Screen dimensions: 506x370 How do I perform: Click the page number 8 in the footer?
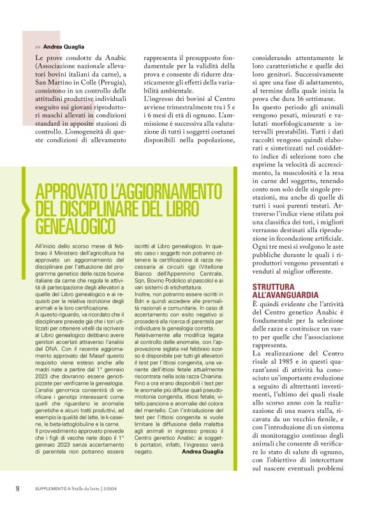[17, 488]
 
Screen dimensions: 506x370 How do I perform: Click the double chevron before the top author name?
[38, 47]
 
